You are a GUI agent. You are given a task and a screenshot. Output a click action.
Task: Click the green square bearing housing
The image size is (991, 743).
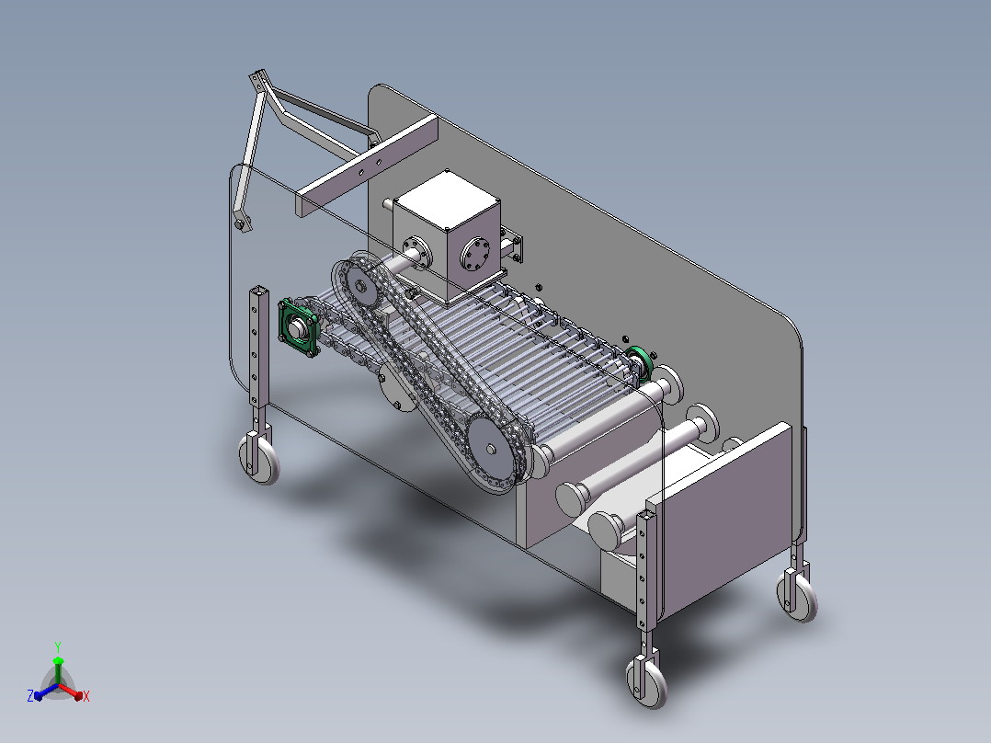pyautogui.click(x=298, y=327)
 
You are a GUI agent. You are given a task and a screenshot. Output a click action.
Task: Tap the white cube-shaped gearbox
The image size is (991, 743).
pyautogui.click(x=447, y=235)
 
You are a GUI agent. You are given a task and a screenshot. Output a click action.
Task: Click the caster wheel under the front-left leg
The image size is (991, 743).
pyautogui.click(x=260, y=458)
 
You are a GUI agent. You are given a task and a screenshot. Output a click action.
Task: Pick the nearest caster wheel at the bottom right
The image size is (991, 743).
pyautogui.click(x=647, y=681)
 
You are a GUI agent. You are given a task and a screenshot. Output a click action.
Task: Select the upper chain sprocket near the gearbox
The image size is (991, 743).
pyautogui.click(x=361, y=286)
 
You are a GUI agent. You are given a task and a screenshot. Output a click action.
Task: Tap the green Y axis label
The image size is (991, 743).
pyautogui.click(x=58, y=646)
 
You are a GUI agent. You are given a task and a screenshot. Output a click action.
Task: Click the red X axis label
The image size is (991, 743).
pyautogui.click(x=86, y=696)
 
